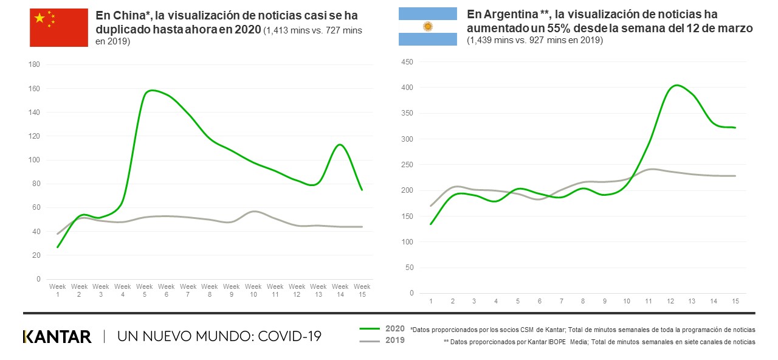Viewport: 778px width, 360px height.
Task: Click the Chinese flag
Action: (x=59, y=27)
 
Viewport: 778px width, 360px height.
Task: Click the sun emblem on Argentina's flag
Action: (x=427, y=26)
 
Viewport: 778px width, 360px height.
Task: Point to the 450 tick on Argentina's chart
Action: (x=407, y=62)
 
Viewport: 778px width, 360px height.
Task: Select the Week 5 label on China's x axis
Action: (x=145, y=289)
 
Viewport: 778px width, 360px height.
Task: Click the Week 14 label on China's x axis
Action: (x=340, y=289)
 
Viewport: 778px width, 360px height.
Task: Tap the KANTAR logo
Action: (x=57, y=336)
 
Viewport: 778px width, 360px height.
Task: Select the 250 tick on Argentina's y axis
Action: (x=407, y=165)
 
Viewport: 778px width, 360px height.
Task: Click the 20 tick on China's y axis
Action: (x=37, y=255)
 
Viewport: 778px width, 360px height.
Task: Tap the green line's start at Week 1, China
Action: (x=58, y=247)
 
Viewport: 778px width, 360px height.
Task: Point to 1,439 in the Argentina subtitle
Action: (x=480, y=40)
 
